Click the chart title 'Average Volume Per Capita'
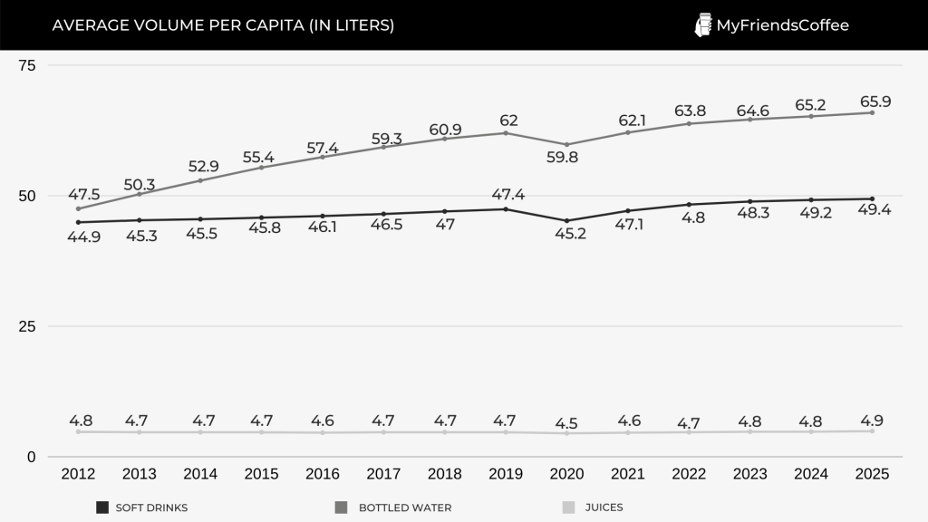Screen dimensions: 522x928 click(223, 25)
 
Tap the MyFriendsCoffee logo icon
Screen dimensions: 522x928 click(702, 25)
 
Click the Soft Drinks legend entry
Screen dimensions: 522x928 click(142, 507)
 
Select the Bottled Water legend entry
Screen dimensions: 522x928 click(394, 507)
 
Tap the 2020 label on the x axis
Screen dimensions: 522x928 click(567, 474)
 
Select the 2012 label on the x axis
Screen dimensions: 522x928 click(78, 474)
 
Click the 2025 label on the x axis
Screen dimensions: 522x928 click(872, 474)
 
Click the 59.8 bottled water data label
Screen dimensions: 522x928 click(567, 157)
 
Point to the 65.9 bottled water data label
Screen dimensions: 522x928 click(874, 101)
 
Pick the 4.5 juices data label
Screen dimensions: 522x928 click(567, 421)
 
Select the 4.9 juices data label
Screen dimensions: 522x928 click(873, 420)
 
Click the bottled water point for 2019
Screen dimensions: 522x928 click(506, 133)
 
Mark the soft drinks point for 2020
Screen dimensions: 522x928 click(567, 220)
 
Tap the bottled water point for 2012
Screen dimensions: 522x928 click(78, 208)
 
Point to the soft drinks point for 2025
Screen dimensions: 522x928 click(872, 198)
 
